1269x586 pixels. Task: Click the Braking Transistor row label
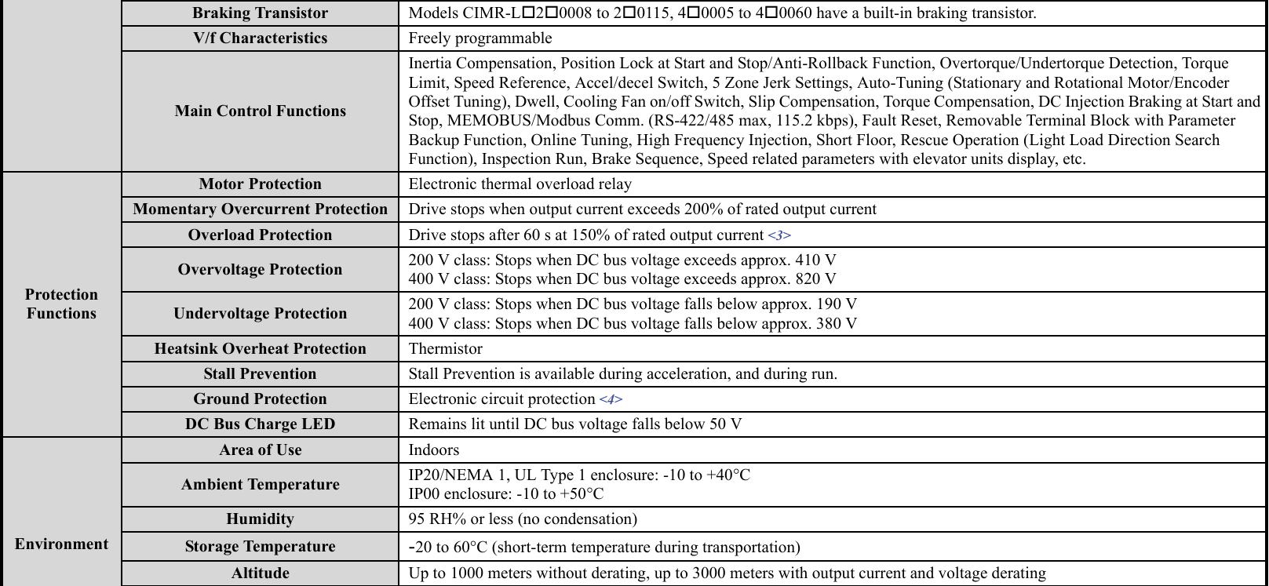[260, 13]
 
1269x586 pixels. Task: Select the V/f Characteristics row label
[260, 38]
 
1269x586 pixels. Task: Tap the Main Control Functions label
[260, 111]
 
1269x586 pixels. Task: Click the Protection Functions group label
[61, 304]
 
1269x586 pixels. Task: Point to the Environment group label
[61, 544]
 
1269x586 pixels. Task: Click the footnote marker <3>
[779, 235]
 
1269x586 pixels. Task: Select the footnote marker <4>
[611, 399]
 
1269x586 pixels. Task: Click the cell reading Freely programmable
[480, 38]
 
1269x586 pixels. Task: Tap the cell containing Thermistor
[446, 349]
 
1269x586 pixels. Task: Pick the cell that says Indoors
[434, 450]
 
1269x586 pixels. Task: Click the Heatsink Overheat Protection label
[260, 349]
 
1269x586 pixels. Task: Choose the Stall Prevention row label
[260, 374]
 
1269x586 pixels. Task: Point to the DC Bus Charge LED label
[260, 424]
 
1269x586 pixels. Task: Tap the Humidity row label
[260, 519]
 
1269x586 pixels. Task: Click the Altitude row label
[260, 573]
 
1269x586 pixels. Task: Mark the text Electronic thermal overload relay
[520, 184]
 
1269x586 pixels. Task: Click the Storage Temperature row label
[260, 547]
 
